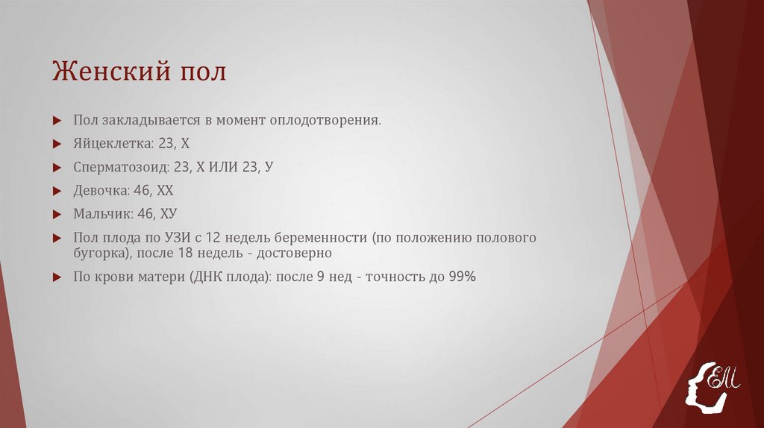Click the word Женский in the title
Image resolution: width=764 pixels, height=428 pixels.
[110, 73]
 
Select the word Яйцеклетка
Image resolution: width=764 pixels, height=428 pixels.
[112, 143]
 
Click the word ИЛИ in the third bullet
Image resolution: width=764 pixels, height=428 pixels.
[227, 167]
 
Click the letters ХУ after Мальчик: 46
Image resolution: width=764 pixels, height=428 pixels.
[168, 214]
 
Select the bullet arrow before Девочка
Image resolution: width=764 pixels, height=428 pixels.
[57, 191]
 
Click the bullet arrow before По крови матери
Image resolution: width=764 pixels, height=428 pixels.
[57, 277]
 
